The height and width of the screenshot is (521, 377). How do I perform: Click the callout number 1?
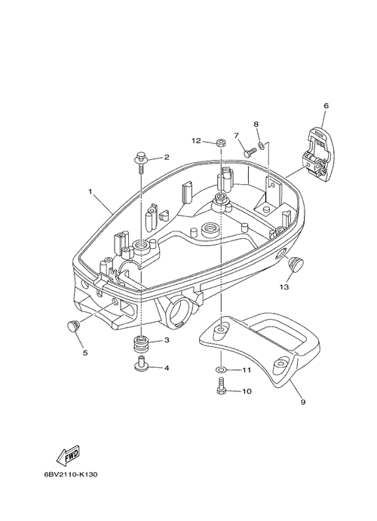[90, 192]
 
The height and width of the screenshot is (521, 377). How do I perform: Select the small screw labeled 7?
[250, 152]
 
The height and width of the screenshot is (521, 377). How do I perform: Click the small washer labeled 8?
[261, 146]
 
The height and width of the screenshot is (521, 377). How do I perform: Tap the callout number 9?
[302, 402]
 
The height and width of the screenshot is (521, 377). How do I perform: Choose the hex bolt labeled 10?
[222, 386]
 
